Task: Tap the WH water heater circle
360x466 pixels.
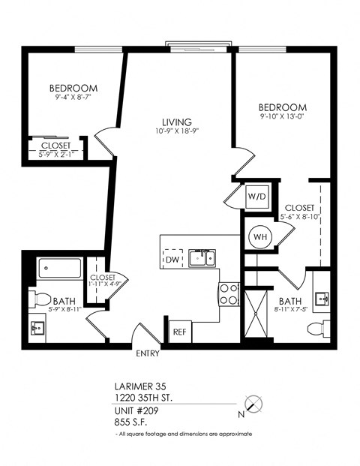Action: [x=259, y=237]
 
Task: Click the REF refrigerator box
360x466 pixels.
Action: [x=179, y=331]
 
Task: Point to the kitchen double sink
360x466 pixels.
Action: [x=200, y=258]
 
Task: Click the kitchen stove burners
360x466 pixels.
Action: [x=229, y=294]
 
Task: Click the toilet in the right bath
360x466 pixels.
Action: [x=323, y=327]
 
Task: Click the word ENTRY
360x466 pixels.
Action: [x=147, y=353]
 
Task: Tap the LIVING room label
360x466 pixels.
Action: [x=177, y=122]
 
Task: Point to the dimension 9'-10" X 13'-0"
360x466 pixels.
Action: [x=283, y=117]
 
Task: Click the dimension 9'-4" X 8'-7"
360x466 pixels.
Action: [x=73, y=98]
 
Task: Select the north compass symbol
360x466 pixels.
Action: [x=256, y=403]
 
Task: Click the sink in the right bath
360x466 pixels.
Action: [x=322, y=299]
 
